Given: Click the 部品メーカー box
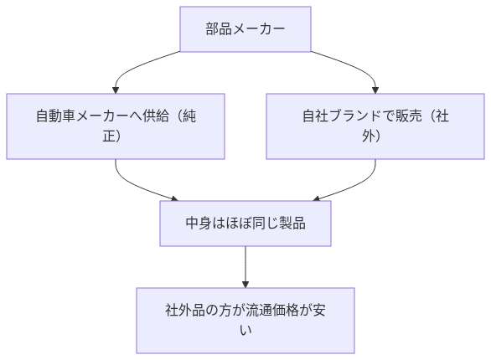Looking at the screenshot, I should [x=245, y=30].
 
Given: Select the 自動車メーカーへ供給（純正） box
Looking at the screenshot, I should [x=116, y=126].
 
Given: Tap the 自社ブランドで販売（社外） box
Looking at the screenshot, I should [x=375, y=126].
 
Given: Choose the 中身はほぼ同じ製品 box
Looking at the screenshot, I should [x=245, y=224].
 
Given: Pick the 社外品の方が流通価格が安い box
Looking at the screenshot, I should [x=245, y=320].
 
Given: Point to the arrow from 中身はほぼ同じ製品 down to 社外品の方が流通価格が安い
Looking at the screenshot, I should [x=245, y=266].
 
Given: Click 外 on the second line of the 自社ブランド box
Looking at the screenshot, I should [x=369, y=136].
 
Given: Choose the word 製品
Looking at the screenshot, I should [x=291, y=224].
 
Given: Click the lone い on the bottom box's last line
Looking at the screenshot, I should [x=245, y=330].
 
